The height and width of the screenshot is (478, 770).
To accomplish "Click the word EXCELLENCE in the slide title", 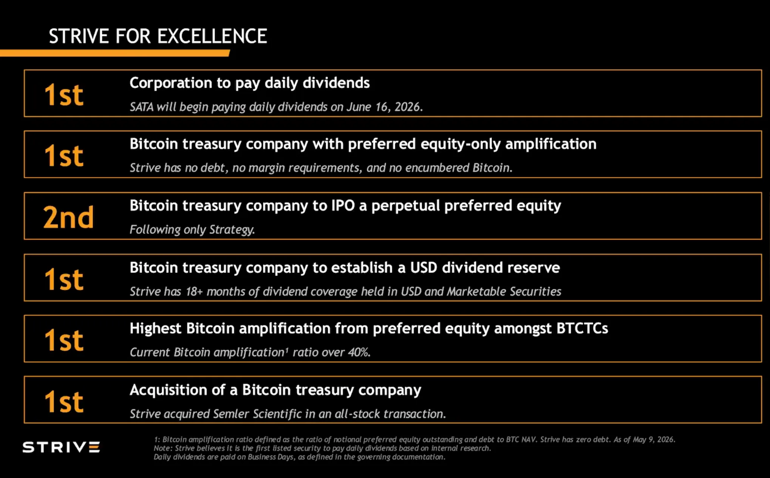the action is point(212,36).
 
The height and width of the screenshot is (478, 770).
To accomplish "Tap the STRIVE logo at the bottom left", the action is point(61,447).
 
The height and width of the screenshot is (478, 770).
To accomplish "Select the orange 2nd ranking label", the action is point(68,217).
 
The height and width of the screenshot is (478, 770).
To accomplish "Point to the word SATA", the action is point(142,107).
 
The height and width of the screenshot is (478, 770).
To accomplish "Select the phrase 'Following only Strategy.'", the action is point(192,229).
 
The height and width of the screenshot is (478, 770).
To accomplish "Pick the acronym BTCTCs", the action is point(582,328).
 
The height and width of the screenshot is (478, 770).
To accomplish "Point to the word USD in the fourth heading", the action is point(424,268).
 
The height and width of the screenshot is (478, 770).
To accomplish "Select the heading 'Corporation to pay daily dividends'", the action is point(250,83).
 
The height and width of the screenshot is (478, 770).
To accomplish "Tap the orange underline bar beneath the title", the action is point(115,53).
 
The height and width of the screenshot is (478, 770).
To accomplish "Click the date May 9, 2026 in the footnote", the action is point(654,439).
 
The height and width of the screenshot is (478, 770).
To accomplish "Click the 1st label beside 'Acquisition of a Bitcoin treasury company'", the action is point(64,401).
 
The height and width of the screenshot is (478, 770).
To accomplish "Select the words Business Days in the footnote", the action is point(271,457).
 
